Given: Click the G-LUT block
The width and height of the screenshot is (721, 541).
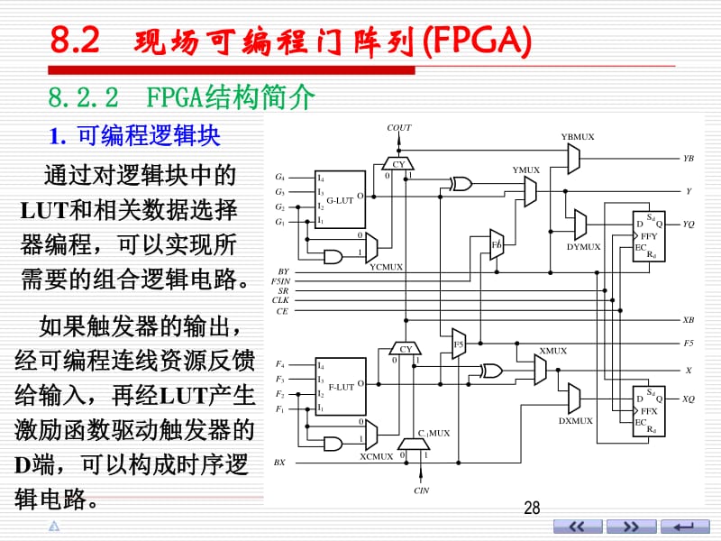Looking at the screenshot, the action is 341,199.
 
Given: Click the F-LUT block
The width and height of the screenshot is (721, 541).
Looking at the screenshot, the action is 341,387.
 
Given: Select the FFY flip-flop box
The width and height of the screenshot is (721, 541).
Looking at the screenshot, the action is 649,236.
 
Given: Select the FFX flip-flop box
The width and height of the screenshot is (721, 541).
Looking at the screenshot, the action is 649,411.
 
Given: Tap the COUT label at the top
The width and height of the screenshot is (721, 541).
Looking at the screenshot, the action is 398,127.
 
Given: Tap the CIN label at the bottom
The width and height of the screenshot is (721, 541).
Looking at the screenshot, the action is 421,491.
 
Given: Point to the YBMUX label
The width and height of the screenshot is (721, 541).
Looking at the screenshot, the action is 578,137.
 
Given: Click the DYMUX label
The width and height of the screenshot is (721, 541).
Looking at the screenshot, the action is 583,246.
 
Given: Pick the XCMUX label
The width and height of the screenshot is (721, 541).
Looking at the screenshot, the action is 376,456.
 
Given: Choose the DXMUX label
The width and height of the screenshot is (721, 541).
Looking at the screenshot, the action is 576,420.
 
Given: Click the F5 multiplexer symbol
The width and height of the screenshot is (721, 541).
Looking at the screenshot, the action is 459,344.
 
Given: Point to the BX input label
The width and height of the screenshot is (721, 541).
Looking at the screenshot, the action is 279,463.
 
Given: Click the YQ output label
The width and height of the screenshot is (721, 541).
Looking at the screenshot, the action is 688,224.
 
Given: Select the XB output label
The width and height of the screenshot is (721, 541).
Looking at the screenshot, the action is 688,320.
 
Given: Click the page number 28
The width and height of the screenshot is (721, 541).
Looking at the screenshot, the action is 532,508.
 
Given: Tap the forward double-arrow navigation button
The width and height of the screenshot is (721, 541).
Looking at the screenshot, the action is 631,527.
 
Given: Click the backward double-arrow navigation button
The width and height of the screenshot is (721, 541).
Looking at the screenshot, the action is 578,527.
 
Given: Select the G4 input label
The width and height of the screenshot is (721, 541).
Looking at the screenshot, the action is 279,177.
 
